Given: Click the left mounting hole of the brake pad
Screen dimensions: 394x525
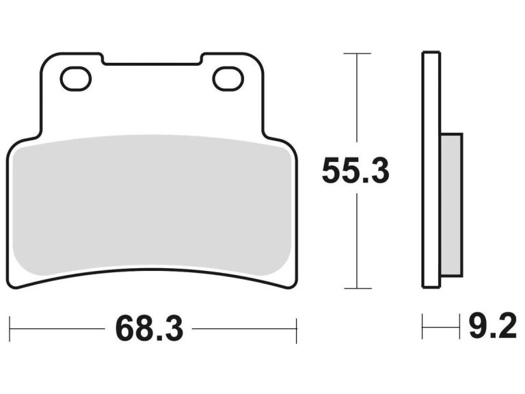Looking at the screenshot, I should coord(75,79).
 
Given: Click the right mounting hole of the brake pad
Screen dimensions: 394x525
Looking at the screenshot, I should coord(228,79).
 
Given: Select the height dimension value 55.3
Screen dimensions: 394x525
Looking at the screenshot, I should coord(355,171).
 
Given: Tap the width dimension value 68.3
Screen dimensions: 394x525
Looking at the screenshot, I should coord(149,329).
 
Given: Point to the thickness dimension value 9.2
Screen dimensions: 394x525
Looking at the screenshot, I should coord(492,328).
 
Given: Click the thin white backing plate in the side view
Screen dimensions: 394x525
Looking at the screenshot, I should coord(431,171).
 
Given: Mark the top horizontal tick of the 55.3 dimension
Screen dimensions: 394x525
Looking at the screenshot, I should coord(357,53).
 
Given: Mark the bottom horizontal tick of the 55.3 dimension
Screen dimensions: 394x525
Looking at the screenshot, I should coord(357,288).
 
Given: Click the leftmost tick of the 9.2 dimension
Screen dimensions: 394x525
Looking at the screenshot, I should coord(423,328).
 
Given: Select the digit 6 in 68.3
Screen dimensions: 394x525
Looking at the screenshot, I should coord(124,329).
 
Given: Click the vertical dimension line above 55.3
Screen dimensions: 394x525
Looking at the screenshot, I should coord(357,103).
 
